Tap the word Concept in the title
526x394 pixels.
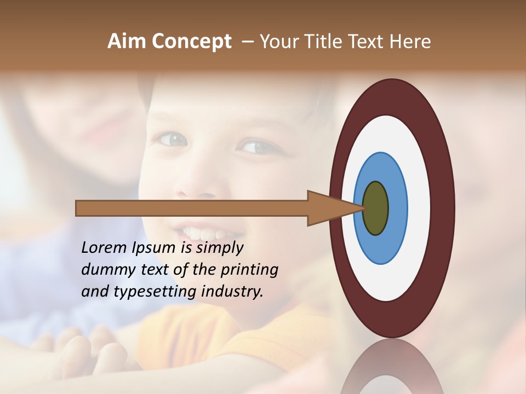(191, 41)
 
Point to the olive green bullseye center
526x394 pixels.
(376, 208)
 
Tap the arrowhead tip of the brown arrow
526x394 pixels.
(364, 208)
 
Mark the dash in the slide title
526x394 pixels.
(248, 42)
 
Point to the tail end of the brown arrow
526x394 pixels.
(77, 208)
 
